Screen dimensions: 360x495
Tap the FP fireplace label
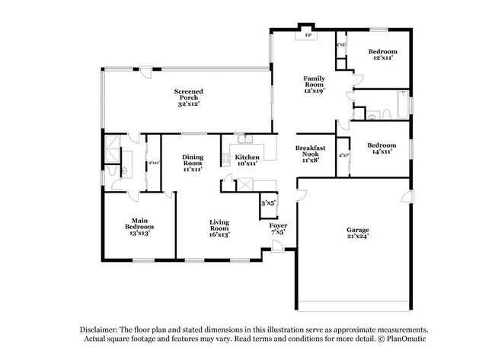(x=308, y=36)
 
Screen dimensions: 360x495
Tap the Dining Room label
(x=192, y=161)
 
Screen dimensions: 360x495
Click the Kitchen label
(x=247, y=157)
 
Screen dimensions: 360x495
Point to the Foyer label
(x=277, y=225)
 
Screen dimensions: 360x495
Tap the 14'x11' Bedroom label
(x=382, y=145)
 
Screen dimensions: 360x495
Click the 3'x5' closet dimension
(x=268, y=203)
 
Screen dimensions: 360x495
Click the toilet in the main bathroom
(x=113, y=172)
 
